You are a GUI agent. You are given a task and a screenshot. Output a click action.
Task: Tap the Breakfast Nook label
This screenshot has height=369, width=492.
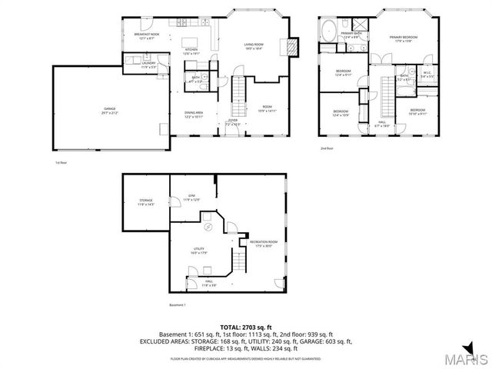click(146, 35)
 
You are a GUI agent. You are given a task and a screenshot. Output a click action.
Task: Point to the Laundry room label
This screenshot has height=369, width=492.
click(149, 65)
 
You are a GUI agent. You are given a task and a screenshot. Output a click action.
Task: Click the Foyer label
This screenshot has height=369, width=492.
click(232, 122)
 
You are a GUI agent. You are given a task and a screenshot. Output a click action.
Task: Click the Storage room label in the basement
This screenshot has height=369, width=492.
click(146, 204)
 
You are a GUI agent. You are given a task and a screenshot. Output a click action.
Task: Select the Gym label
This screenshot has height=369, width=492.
click(191, 198)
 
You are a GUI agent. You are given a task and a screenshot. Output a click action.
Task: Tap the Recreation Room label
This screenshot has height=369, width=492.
click(262, 244)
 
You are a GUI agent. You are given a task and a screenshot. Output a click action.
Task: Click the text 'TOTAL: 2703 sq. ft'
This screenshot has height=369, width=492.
click(246, 327)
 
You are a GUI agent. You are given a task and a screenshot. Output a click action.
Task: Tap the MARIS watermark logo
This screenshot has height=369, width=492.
click(461, 358)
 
